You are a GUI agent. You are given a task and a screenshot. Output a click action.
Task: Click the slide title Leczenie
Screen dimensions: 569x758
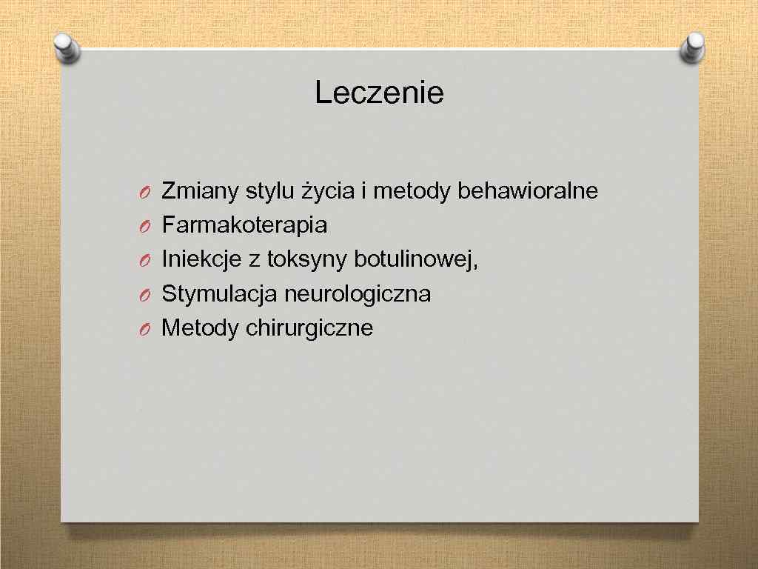click(x=379, y=93)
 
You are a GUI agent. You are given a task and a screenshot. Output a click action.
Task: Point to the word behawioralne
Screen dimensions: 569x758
click(x=528, y=191)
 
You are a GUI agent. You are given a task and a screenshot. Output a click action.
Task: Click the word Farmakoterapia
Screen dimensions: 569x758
click(x=244, y=225)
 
